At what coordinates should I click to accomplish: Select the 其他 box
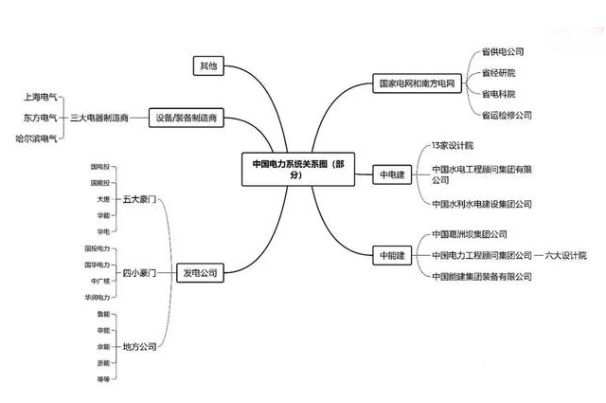coord(206,66)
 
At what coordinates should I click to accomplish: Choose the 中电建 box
coord(391,175)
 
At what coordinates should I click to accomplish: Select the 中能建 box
coord(391,255)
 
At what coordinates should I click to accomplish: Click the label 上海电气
coord(40,98)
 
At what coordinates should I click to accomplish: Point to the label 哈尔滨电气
coord(37,138)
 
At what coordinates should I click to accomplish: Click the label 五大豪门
coord(138,200)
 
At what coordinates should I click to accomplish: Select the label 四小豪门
coord(138,273)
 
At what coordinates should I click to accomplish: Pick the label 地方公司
coord(138,347)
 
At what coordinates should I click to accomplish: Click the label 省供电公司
coord(502,52)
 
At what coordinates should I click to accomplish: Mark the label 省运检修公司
coord(507,115)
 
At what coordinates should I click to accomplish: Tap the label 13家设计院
coord(452,146)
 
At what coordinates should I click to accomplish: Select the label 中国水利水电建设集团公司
coord(481,204)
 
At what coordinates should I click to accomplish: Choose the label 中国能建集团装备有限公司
coord(481,277)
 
